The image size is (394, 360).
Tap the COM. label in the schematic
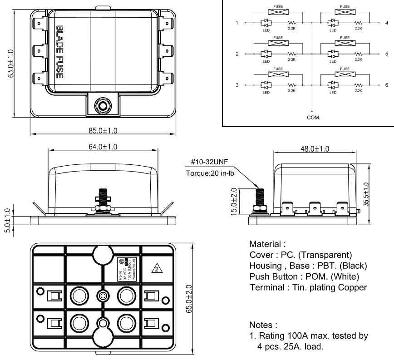tap(313, 117)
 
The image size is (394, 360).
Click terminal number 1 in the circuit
tap(237, 22)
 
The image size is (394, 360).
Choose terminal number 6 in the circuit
tap(386, 85)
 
